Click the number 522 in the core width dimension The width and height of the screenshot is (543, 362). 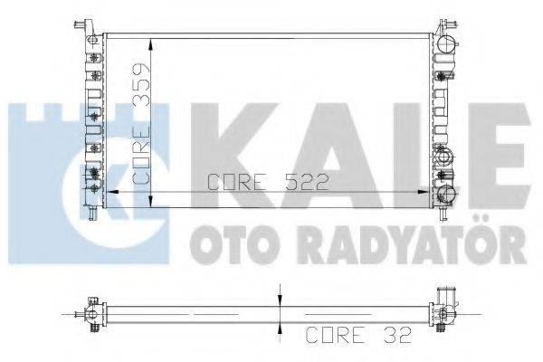click(302, 183)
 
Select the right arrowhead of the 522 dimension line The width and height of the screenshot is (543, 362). click(428, 193)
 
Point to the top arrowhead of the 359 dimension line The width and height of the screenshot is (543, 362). click(150, 41)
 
